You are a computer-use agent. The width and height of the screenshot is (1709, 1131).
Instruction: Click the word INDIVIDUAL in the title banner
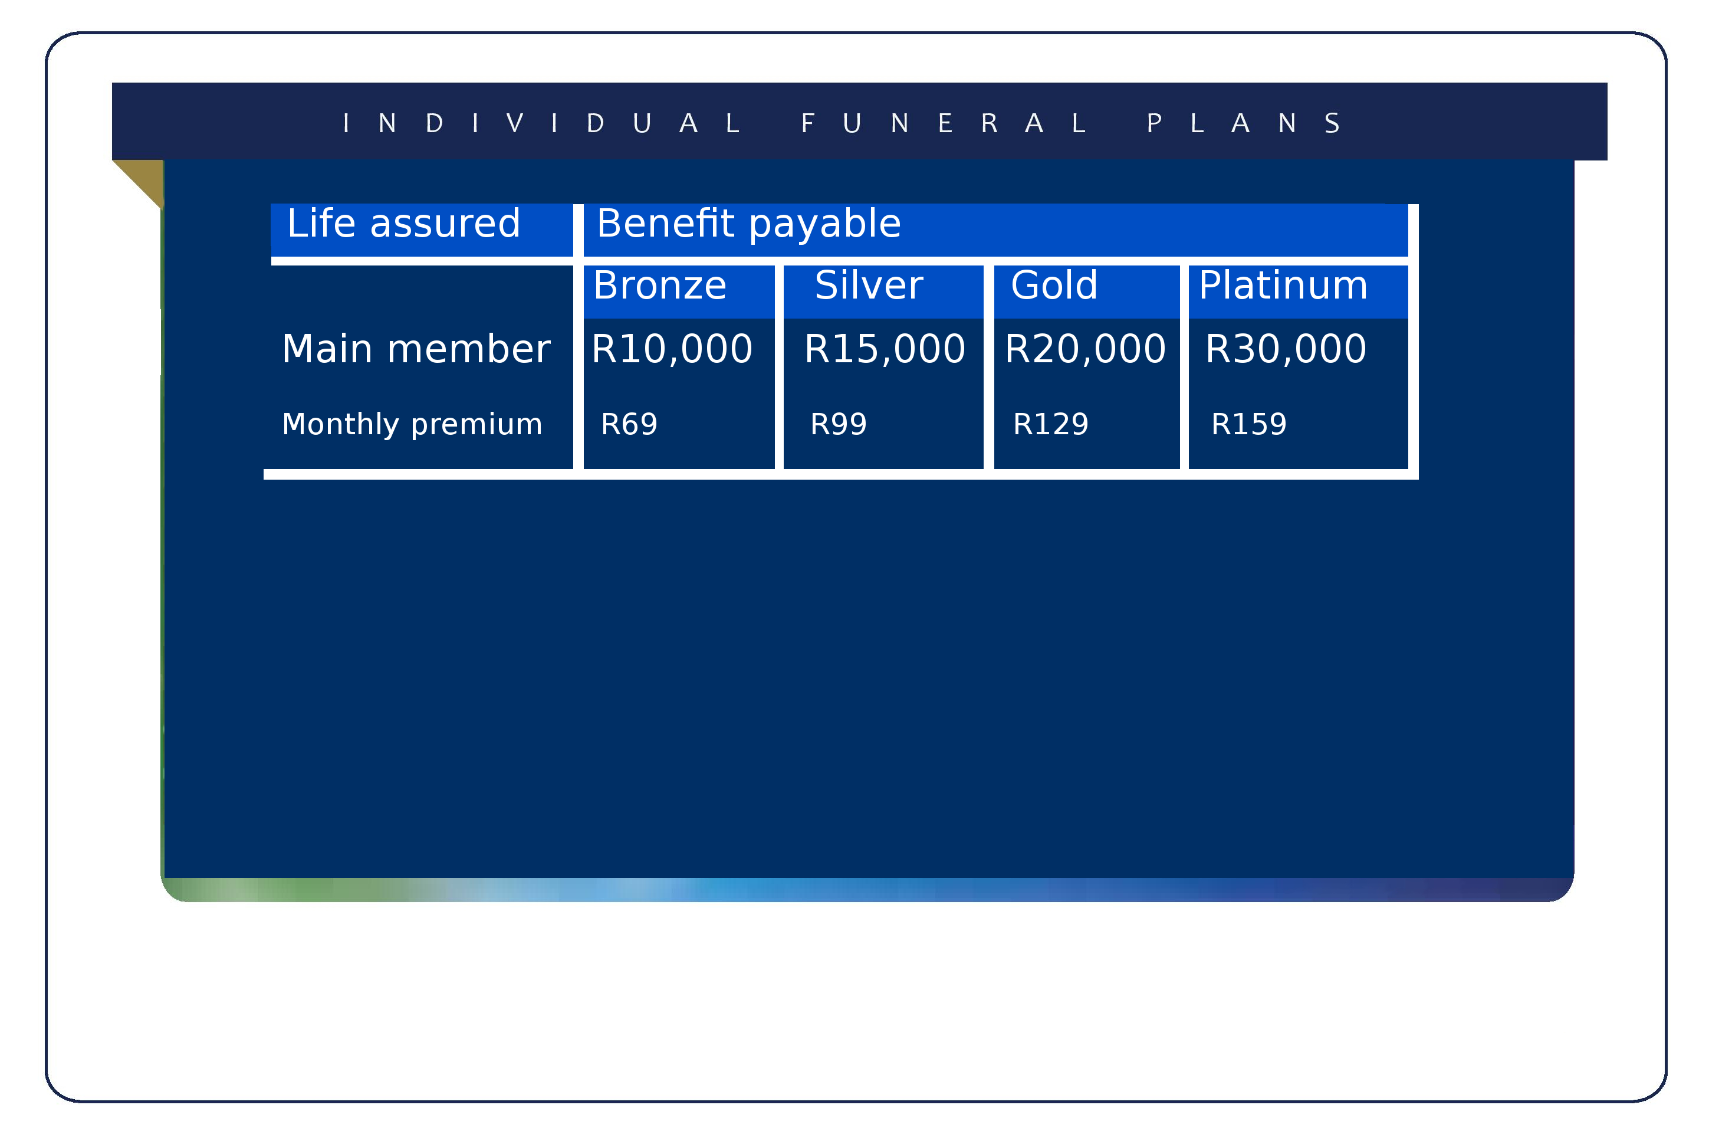[541, 123]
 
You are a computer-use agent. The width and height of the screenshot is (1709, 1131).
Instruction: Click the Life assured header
[403, 223]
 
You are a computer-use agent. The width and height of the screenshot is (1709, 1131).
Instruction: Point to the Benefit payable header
[749, 224]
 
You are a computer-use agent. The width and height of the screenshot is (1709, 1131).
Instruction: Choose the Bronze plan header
[659, 285]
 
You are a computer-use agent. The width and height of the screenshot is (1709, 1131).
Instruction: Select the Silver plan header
[869, 285]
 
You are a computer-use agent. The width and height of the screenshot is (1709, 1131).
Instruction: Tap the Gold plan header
[1054, 285]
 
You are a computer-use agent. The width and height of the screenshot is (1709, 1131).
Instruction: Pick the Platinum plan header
[1283, 285]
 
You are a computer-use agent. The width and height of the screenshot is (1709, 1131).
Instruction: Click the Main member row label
[416, 349]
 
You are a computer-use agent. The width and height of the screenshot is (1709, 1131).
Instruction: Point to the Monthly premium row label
[412, 425]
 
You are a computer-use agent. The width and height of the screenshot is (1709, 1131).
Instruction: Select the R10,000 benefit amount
[672, 350]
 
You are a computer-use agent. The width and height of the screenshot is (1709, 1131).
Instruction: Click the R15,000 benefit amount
[885, 350]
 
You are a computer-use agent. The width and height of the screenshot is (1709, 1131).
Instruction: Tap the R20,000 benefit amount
[1085, 350]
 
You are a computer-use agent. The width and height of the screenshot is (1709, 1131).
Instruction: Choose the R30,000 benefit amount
[1286, 350]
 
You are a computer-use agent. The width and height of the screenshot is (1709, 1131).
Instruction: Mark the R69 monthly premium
[629, 424]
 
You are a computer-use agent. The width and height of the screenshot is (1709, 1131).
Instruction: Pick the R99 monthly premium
[838, 424]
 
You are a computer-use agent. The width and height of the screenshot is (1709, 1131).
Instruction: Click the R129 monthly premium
[1050, 424]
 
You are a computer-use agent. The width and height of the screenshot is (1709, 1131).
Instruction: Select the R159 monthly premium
[1248, 424]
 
